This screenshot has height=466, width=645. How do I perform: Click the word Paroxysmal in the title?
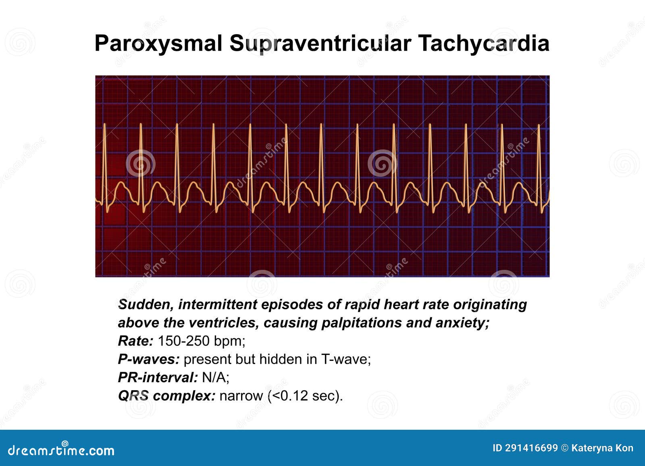(x=158, y=43)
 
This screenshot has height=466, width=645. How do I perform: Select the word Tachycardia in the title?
(x=483, y=43)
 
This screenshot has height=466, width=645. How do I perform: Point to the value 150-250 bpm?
(x=201, y=341)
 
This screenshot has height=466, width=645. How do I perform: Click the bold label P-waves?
(x=148, y=359)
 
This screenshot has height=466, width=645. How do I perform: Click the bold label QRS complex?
(x=166, y=396)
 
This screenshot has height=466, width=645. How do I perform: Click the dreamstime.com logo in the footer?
(x=61, y=450)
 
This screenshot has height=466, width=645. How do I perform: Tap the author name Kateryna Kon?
(x=602, y=448)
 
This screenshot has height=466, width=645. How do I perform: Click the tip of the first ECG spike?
(x=104, y=124)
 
